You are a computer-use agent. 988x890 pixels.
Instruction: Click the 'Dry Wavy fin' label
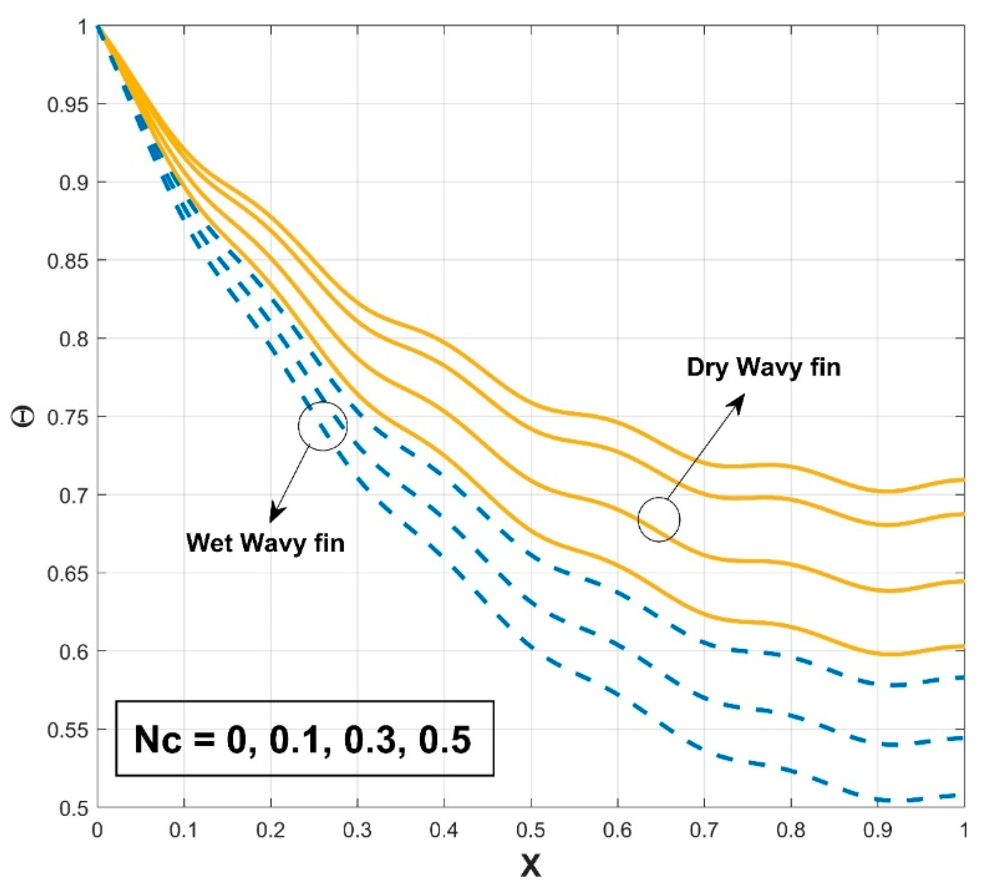(x=763, y=367)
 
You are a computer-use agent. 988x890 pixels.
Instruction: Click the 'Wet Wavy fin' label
(x=265, y=543)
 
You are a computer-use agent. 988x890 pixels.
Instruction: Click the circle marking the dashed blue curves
(x=322, y=427)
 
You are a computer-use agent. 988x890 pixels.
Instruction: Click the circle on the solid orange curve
(x=659, y=520)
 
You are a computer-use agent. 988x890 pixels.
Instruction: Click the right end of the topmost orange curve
(x=962, y=480)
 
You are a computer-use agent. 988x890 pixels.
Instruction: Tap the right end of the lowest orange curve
(x=962, y=646)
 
